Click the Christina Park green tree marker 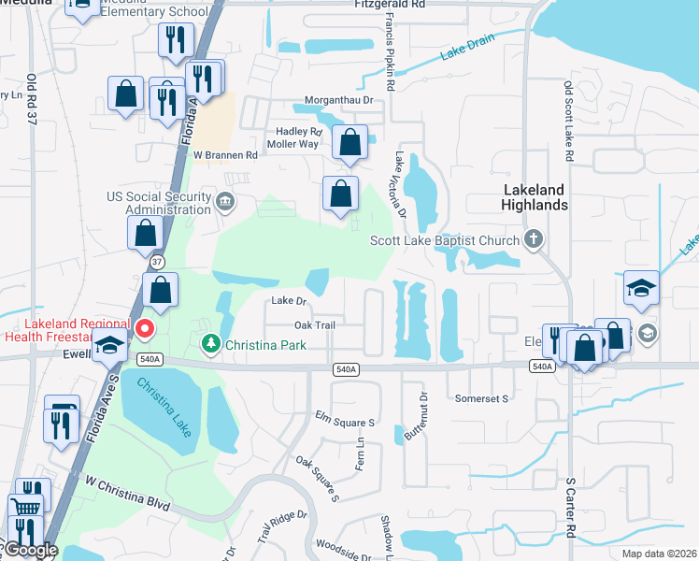coord(210,345)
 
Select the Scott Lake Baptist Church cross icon coord(534,239)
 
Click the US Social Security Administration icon coord(224,202)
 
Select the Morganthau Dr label coord(338,100)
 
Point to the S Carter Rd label coord(572,506)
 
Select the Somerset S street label coord(481,398)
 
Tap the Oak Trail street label coord(314,324)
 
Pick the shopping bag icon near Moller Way coord(349,144)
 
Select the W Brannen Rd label coord(225,155)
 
